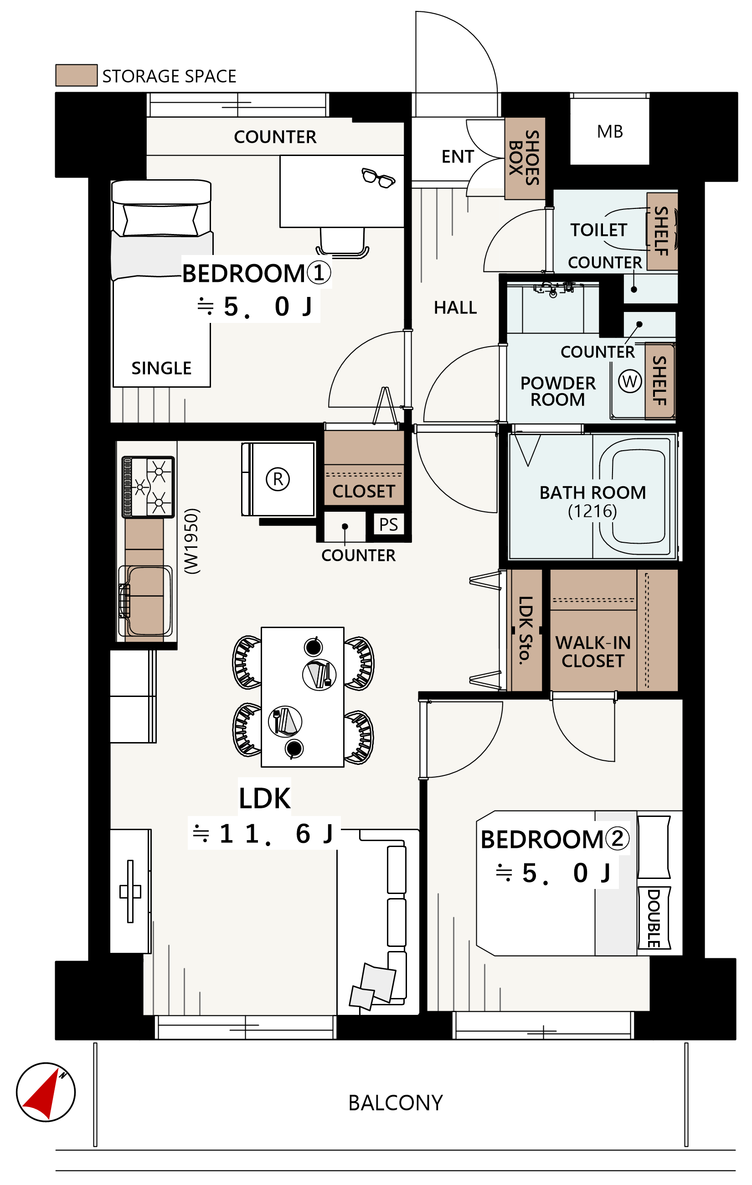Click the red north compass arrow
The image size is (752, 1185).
(43, 1096)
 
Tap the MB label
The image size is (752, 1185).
(610, 132)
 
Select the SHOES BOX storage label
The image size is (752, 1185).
(524, 157)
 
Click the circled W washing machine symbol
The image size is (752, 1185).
(629, 381)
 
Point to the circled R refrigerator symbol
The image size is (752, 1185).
(278, 479)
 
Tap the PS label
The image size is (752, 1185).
(388, 525)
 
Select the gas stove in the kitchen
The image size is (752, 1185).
(148, 487)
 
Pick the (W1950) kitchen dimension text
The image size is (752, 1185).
(192, 541)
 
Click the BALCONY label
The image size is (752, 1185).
(396, 1103)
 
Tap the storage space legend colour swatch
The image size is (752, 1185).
(76, 75)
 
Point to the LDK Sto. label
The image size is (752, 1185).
(525, 630)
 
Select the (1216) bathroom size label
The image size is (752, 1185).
(592, 511)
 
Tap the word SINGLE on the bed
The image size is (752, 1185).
(161, 368)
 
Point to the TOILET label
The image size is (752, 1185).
(598, 230)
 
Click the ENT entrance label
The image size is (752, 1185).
(458, 156)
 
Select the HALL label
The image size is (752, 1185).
(455, 307)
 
